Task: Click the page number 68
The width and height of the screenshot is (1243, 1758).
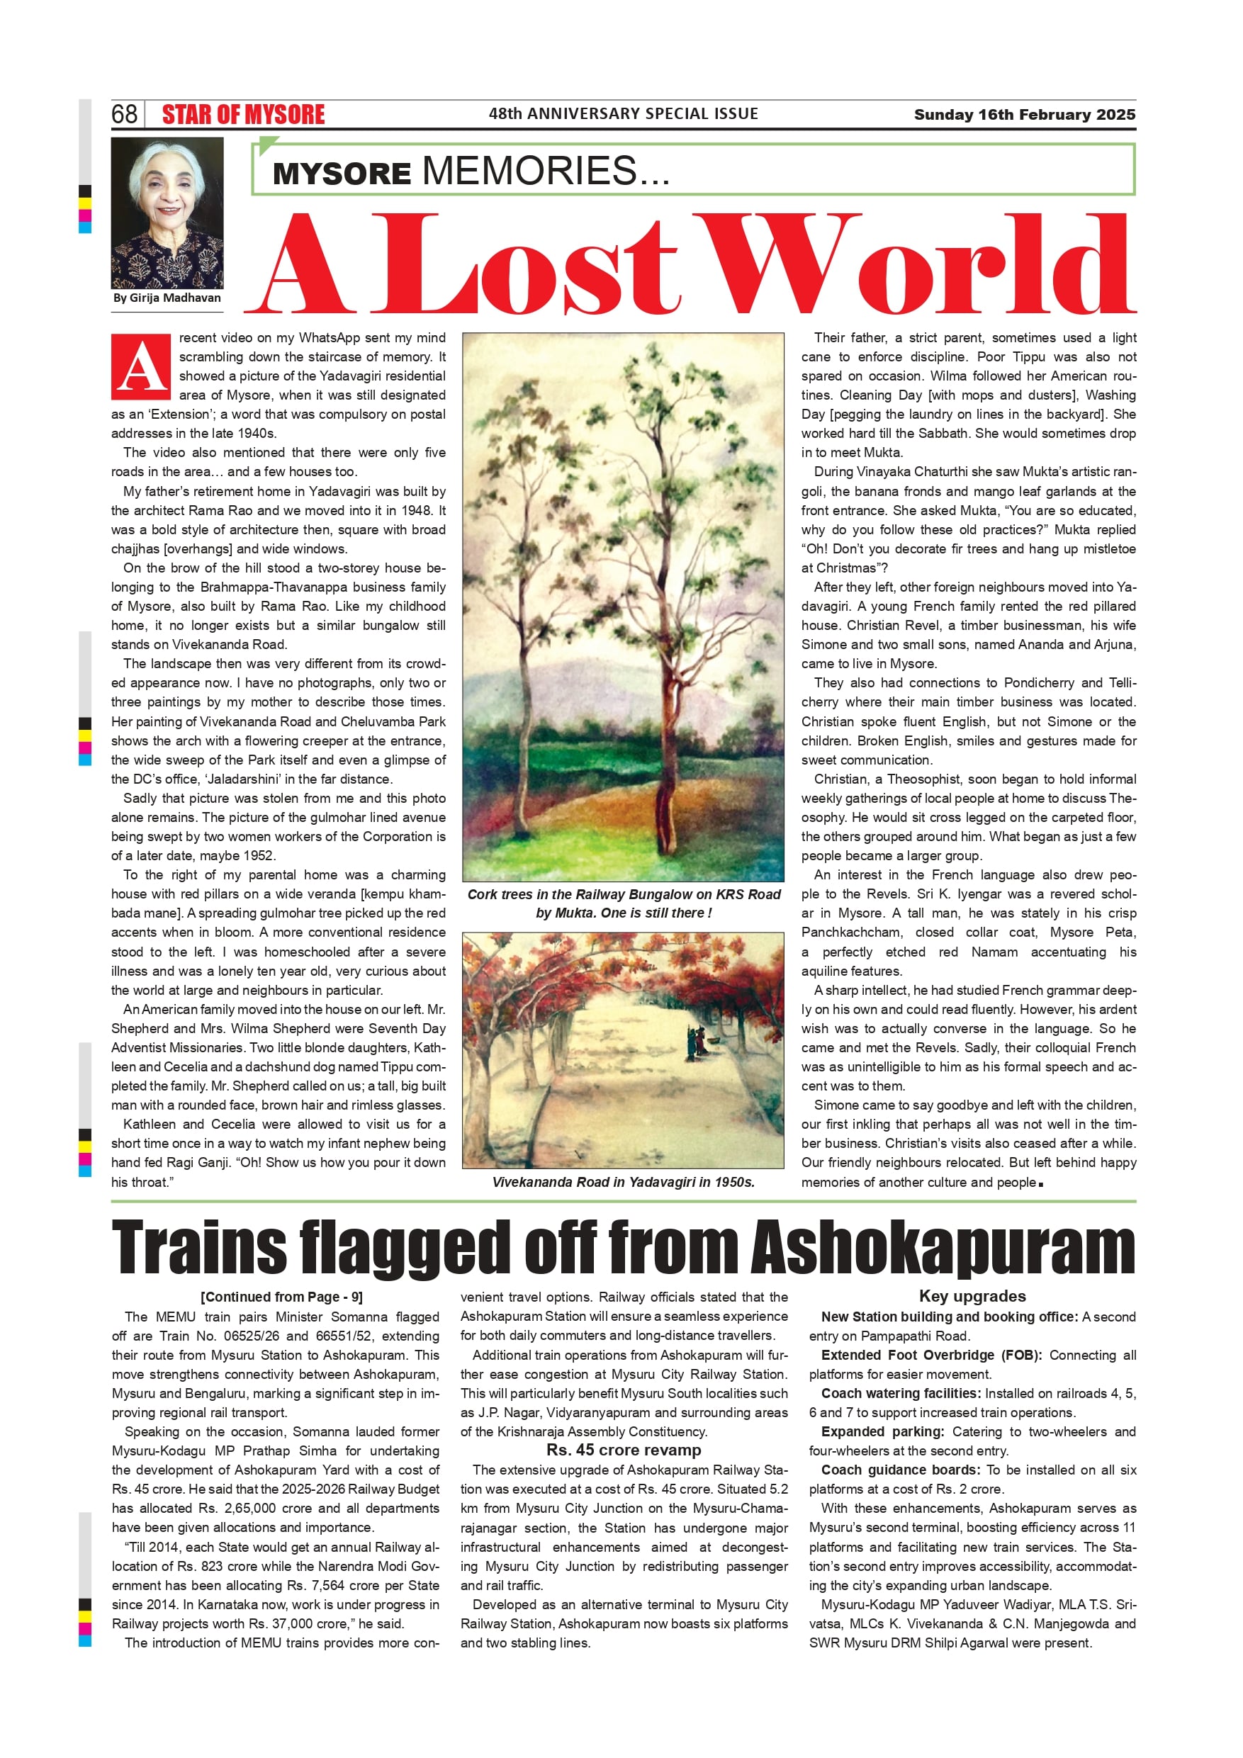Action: tap(124, 114)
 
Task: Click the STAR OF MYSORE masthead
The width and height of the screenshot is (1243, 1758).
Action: tap(243, 115)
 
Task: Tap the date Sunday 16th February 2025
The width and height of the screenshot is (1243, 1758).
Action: tap(1024, 115)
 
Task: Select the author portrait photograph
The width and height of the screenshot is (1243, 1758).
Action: tap(167, 212)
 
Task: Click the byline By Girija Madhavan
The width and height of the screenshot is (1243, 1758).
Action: tap(167, 298)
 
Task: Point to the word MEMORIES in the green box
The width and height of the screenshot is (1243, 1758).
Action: tap(530, 170)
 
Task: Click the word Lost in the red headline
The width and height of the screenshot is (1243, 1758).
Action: tap(524, 264)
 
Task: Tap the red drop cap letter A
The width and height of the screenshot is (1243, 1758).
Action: tap(140, 366)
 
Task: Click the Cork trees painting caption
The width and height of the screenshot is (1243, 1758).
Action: tap(624, 903)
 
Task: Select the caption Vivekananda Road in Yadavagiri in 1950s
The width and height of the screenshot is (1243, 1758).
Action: tap(624, 1181)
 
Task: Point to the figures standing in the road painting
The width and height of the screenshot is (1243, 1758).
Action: tap(697, 1042)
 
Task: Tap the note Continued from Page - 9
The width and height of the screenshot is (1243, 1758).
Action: tap(281, 1297)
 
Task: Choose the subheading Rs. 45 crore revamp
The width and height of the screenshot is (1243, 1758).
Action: tap(624, 1450)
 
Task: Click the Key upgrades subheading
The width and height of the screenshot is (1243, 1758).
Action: tap(972, 1296)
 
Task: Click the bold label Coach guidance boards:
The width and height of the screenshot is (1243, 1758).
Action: tap(900, 1470)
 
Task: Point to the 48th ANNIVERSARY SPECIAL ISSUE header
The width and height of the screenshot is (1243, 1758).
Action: tap(624, 114)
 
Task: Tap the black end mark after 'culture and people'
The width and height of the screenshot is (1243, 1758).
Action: tap(1041, 1184)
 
